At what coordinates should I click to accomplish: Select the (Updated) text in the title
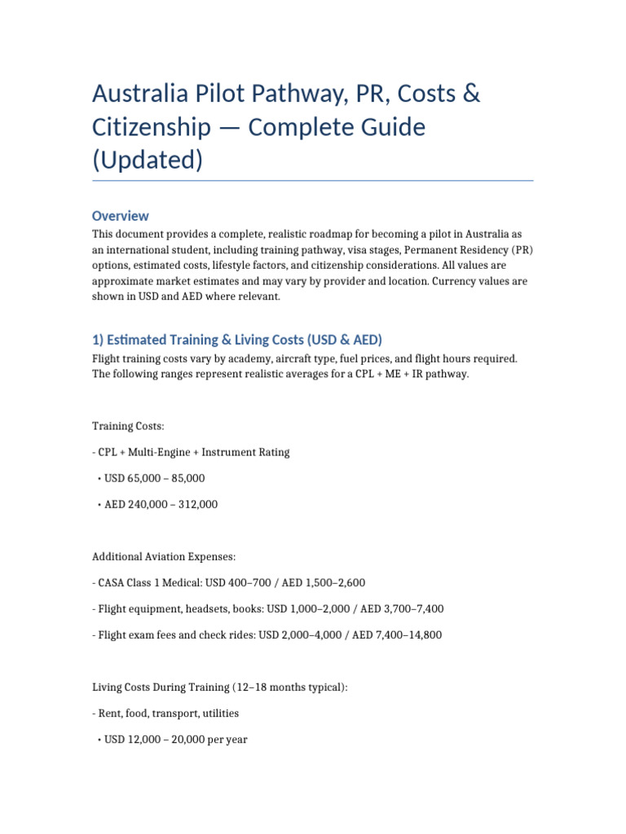pos(147,160)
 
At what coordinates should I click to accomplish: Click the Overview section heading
pos(120,216)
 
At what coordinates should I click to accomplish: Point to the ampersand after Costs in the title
pos(471,94)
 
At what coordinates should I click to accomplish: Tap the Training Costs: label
pos(127,426)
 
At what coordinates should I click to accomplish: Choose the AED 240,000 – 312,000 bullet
pos(161,504)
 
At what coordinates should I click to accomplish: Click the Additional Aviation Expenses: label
pos(163,556)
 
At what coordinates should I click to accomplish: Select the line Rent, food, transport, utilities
pos(169,713)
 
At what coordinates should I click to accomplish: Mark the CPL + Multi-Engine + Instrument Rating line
pos(193,452)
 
